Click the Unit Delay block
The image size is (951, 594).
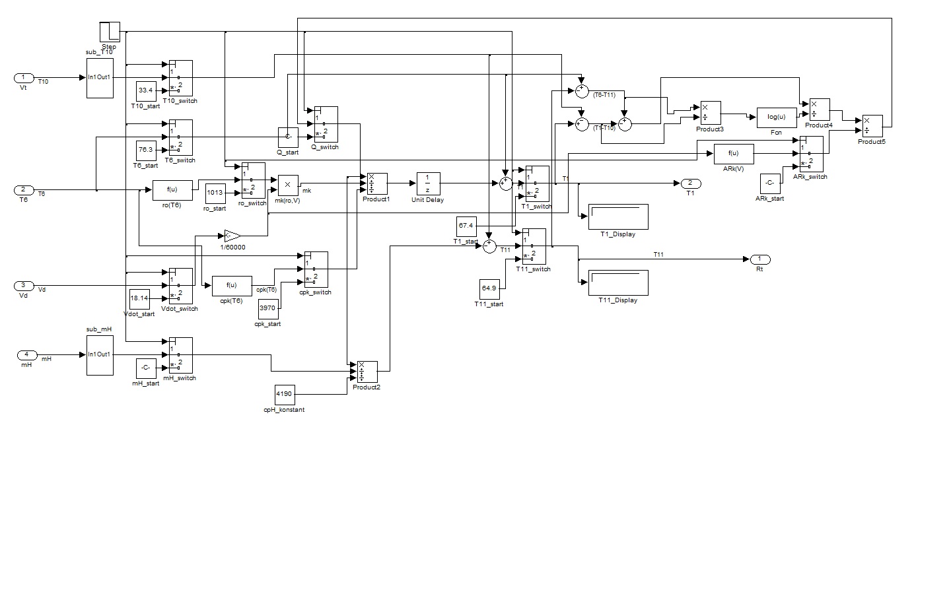click(x=428, y=183)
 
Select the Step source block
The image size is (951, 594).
click(x=110, y=32)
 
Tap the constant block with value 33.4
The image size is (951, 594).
click(x=145, y=90)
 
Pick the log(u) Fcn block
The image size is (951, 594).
click(x=776, y=117)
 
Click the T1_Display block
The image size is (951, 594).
click(x=618, y=216)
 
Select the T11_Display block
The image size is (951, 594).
click(x=618, y=282)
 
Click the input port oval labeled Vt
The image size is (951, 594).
click(x=24, y=79)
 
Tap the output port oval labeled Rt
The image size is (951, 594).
click(x=759, y=259)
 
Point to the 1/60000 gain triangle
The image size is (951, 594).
click(x=232, y=235)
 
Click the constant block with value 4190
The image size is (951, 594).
click(x=284, y=394)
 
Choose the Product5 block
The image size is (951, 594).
click(x=872, y=126)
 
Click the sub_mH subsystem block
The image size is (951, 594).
click(x=100, y=354)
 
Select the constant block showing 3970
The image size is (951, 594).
click(x=267, y=308)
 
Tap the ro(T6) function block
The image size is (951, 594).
click(x=173, y=190)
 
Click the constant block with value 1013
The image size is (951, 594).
click(x=215, y=193)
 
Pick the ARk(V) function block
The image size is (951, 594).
click(x=733, y=154)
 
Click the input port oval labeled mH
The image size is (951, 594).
click(x=26, y=355)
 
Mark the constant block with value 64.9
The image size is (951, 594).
click(x=489, y=288)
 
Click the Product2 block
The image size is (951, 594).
click(x=367, y=372)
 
